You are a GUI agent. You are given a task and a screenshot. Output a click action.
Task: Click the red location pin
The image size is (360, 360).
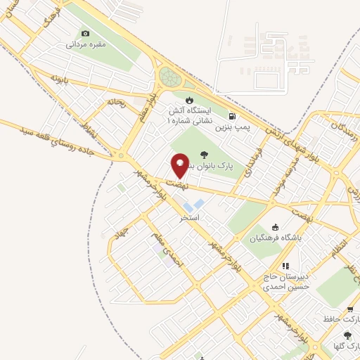pyautogui.click(x=180, y=165)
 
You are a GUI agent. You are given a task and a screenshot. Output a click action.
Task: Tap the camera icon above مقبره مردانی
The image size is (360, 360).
pyautogui.click(x=86, y=33)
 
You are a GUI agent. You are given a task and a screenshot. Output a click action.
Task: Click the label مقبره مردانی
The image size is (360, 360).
pyautogui.click(x=86, y=44)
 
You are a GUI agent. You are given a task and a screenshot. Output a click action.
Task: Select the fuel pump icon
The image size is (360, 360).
pyautogui.click(x=232, y=116)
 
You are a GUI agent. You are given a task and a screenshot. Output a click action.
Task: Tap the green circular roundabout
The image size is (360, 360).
pyautogui.click(x=169, y=76)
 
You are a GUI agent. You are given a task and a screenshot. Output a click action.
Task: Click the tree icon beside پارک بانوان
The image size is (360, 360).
pyautogui.click(x=205, y=155)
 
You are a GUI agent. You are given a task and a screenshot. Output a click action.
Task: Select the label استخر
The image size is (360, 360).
pyautogui.click(x=190, y=217)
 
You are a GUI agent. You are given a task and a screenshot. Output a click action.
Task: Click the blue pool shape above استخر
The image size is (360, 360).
pyautogui.click(x=198, y=204)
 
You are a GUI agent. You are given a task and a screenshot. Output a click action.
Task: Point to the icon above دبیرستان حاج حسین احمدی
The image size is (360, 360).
pyautogui.click(x=285, y=266)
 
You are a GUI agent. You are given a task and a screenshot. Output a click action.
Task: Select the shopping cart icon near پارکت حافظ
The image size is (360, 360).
pyautogui.click(x=349, y=309)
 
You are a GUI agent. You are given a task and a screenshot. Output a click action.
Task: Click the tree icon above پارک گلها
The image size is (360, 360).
pyautogui.click(x=347, y=335)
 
